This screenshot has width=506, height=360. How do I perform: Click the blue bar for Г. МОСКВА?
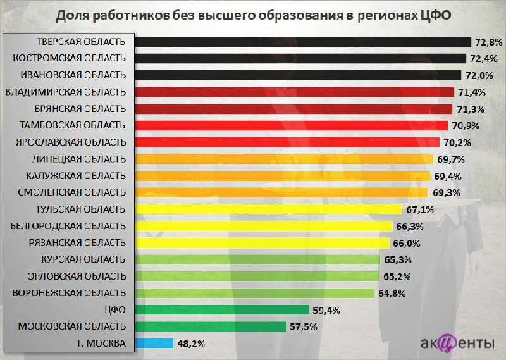[154, 344]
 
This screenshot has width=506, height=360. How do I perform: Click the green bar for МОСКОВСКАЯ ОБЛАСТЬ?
[211, 326]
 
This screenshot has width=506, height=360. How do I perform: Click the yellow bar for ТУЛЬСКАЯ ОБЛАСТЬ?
[269, 209]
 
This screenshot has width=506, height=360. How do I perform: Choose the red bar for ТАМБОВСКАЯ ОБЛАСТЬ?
[292, 125]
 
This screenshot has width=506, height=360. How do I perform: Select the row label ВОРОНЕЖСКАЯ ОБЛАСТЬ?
[70, 293]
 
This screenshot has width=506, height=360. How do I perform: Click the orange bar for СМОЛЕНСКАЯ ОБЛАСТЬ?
[283, 192]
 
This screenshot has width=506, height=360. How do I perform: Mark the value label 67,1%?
[419, 209]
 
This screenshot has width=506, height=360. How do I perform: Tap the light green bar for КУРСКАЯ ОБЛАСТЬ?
[257, 259]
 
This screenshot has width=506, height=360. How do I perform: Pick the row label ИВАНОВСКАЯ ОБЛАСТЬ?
[73, 75]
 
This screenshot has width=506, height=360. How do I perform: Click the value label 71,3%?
[469, 109]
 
